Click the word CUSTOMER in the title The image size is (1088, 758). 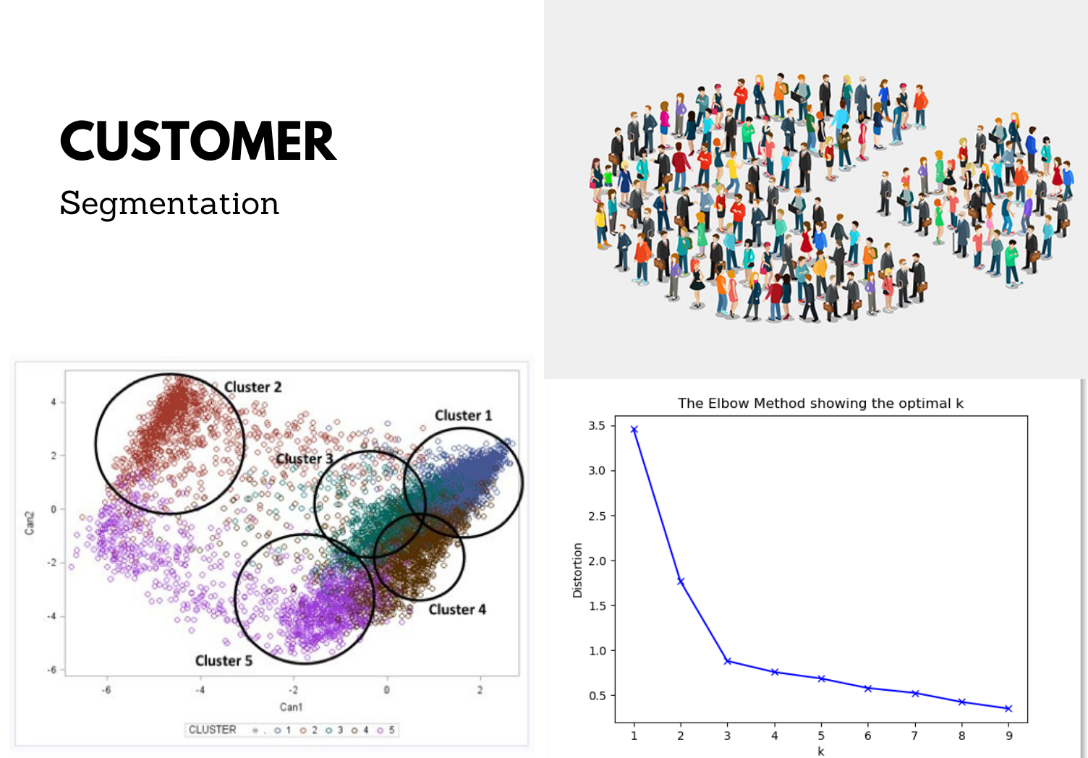198,141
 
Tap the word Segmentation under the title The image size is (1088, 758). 169,204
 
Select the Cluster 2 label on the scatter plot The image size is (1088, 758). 253,387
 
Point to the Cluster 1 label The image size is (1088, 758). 464,415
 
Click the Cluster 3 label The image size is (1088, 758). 305,459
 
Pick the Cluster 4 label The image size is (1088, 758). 457,610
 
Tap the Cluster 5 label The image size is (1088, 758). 224,661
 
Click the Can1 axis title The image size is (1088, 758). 291,707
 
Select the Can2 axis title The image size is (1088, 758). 30,523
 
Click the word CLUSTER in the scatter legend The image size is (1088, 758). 212,730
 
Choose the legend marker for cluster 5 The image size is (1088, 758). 380,731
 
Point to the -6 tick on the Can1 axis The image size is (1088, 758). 106,690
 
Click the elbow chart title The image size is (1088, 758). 820,404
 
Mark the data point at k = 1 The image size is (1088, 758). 634,429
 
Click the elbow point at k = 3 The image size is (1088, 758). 728,661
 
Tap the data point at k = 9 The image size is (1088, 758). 1008,709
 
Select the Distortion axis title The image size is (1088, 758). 577,570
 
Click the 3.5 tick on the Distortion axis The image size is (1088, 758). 597,426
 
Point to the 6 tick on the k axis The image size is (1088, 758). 867,736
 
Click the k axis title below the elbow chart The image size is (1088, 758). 821,751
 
